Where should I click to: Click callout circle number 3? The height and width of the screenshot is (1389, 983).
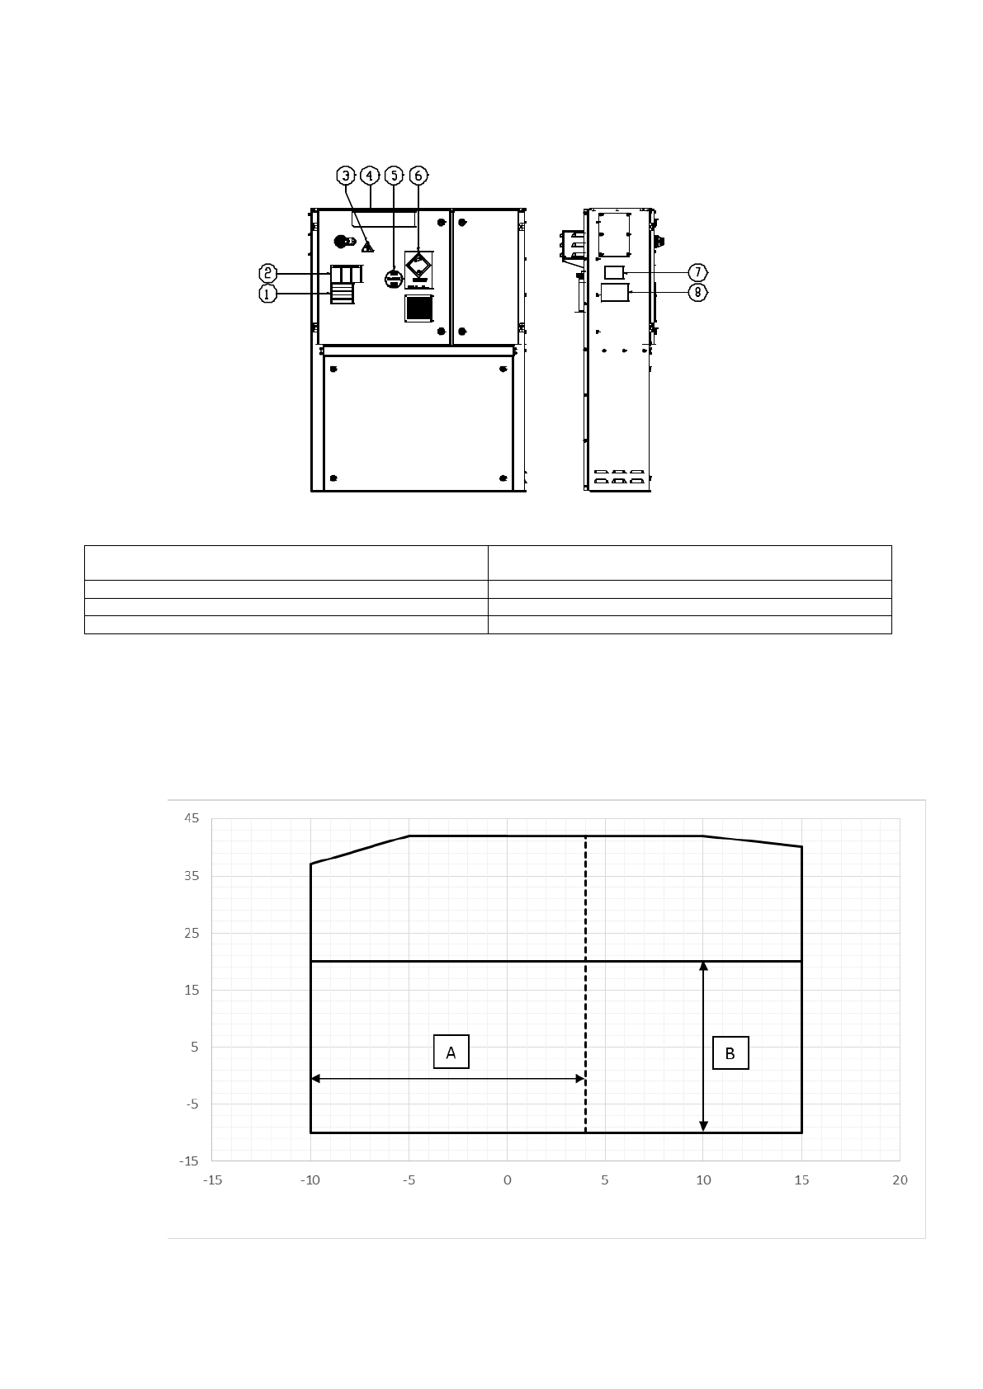(346, 177)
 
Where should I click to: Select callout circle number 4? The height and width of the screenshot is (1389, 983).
(369, 177)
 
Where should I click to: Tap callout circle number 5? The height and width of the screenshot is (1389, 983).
(394, 177)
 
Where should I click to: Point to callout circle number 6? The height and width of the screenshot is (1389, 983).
(418, 177)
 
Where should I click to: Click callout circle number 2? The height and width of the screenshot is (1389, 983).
(267, 273)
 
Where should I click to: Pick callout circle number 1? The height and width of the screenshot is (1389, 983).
(267, 294)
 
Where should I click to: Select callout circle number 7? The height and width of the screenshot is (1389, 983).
(697, 272)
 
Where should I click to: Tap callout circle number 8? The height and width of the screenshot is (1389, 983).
(697, 292)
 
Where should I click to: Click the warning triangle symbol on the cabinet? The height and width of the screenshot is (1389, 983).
(368, 247)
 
